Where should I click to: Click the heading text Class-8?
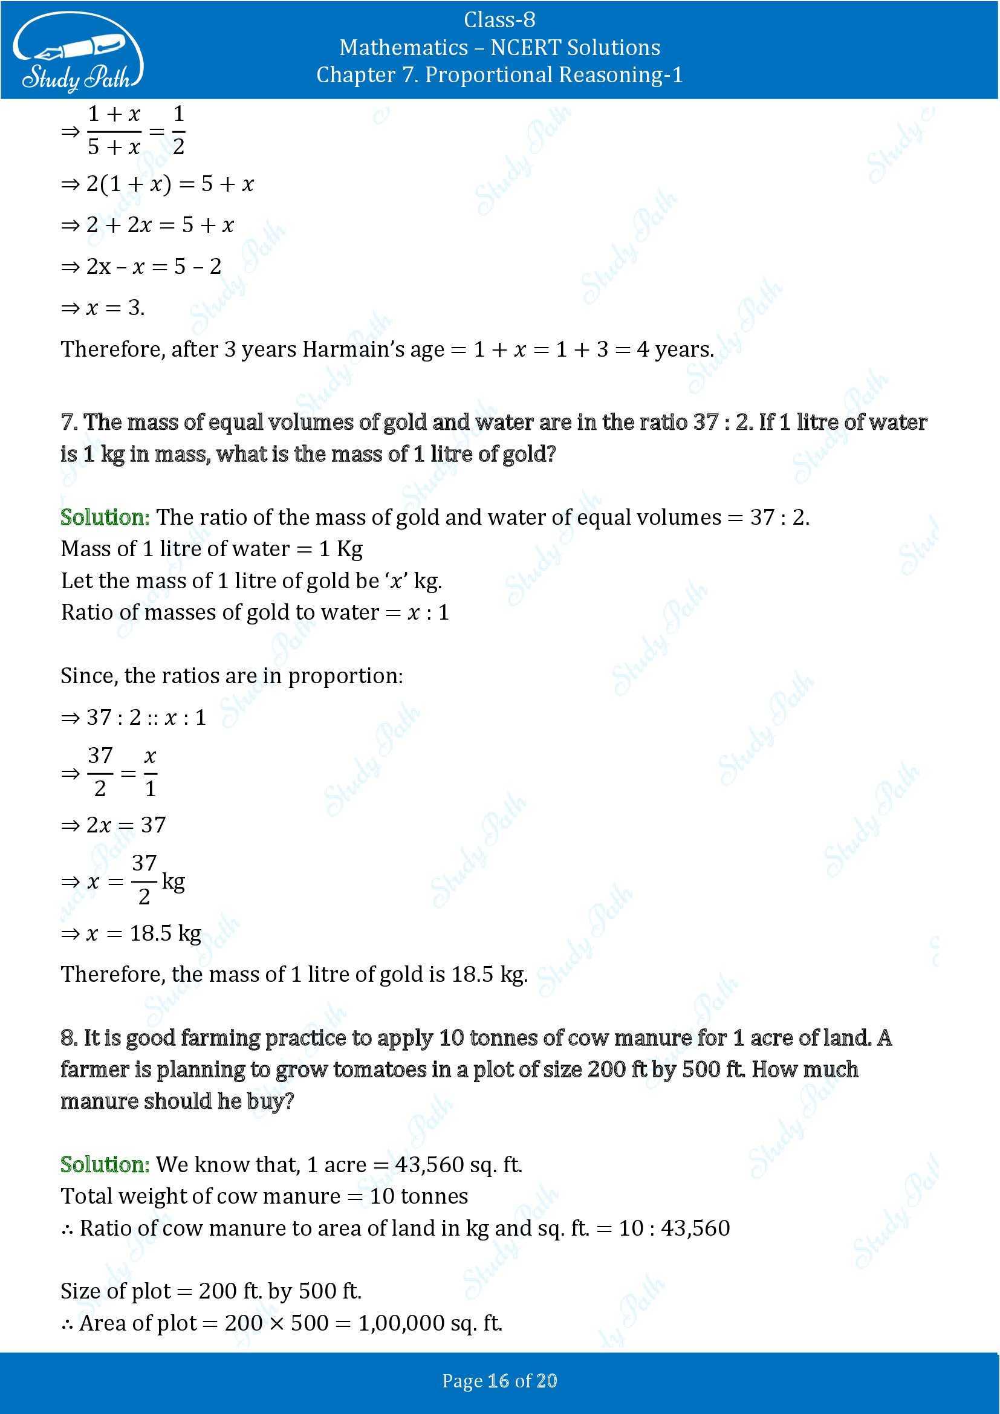[499, 20]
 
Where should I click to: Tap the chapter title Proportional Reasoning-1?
[554, 74]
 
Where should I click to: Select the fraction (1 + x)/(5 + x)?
[114, 131]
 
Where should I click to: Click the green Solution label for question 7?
[105, 517]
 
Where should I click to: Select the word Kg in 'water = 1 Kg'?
[349, 549]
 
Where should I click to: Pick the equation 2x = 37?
[126, 825]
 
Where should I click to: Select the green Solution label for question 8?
[105, 1164]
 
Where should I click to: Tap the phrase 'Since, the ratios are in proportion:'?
[232, 676]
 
